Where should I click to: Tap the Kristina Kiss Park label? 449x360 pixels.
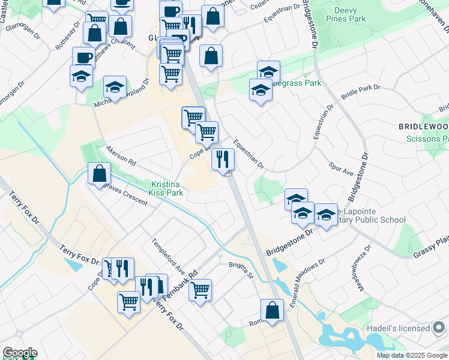tap(167, 188)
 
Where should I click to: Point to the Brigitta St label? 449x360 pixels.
tap(241, 264)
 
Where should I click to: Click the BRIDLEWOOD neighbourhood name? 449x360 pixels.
tap(423, 127)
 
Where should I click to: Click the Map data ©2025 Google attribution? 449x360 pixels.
tap(411, 355)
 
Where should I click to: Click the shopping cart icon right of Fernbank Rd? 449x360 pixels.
tap(200, 290)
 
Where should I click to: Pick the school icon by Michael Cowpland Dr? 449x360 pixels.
tap(115, 86)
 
